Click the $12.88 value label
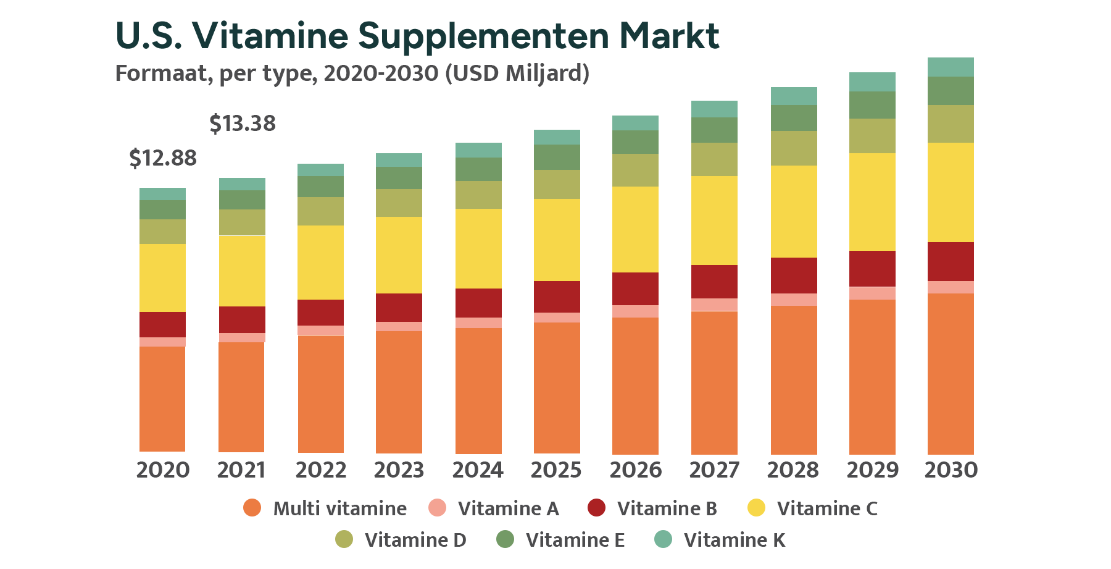[x=163, y=159]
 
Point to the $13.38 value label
[x=243, y=124]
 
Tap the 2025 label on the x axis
[x=556, y=470]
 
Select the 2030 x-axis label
[x=951, y=470]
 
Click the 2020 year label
[x=163, y=470]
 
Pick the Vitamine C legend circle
[x=756, y=508]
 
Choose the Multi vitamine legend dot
[x=252, y=508]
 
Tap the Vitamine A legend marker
[x=437, y=508]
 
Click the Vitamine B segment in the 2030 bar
[x=951, y=261]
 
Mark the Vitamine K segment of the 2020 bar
[x=162, y=194]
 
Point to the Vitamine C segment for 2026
[x=635, y=229]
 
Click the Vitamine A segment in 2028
[x=794, y=300]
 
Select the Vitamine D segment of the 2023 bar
[x=399, y=203]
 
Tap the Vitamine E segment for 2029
[x=872, y=105]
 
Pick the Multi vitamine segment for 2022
[x=321, y=394]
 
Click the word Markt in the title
[x=669, y=36]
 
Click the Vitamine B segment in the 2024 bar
[x=478, y=303]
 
